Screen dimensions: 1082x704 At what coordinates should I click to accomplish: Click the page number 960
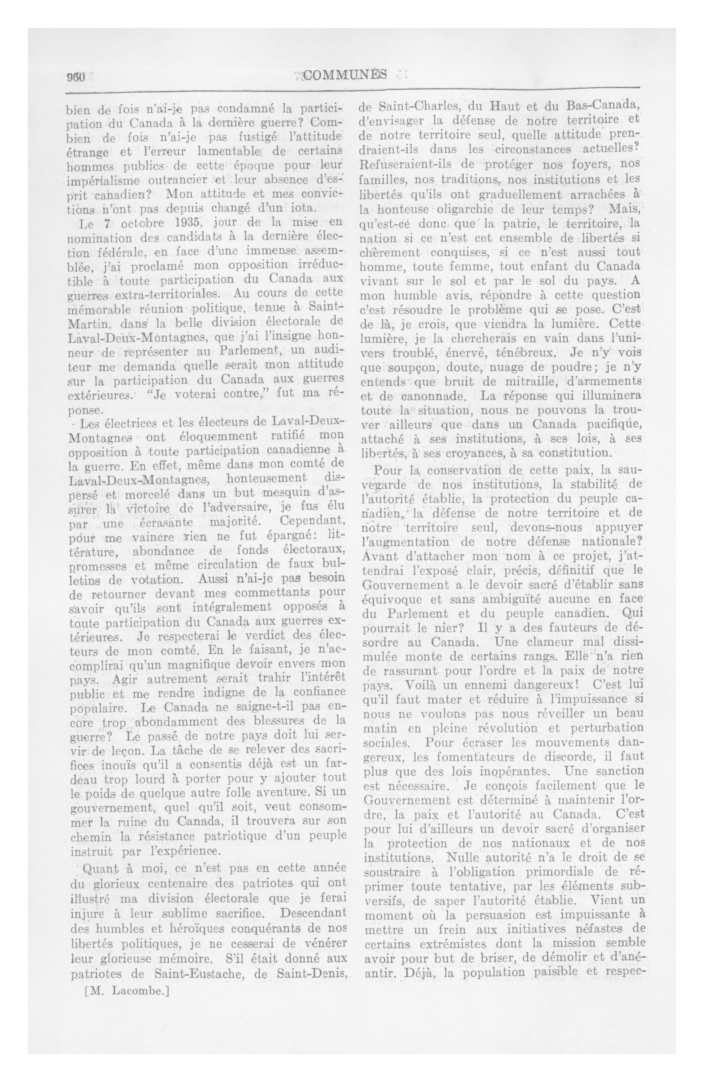[x=76, y=77]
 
